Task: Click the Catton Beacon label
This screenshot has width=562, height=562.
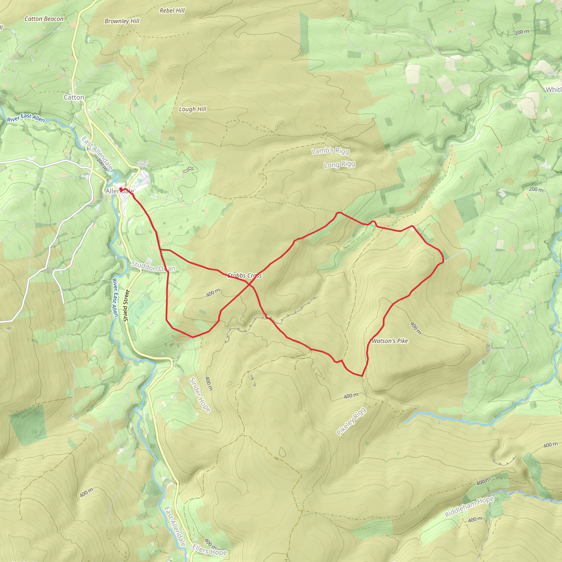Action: point(44,19)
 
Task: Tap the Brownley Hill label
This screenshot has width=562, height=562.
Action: point(122,21)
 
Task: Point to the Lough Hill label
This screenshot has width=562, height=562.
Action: point(192,109)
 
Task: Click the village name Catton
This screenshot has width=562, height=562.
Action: point(74,97)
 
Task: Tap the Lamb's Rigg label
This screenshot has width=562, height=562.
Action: point(330,151)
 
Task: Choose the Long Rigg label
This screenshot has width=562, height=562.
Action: point(339,164)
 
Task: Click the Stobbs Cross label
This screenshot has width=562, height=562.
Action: point(245,276)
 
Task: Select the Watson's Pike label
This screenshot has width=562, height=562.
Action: point(390,341)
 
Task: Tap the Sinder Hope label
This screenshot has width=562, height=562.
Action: point(199,395)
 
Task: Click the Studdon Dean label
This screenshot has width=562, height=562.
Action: point(153,266)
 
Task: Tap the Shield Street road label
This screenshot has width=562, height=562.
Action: point(126,305)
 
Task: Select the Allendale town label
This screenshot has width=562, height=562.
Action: point(120,191)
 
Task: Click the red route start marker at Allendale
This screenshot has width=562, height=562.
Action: point(121,189)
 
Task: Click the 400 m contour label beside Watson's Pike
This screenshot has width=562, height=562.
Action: point(415,328)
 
